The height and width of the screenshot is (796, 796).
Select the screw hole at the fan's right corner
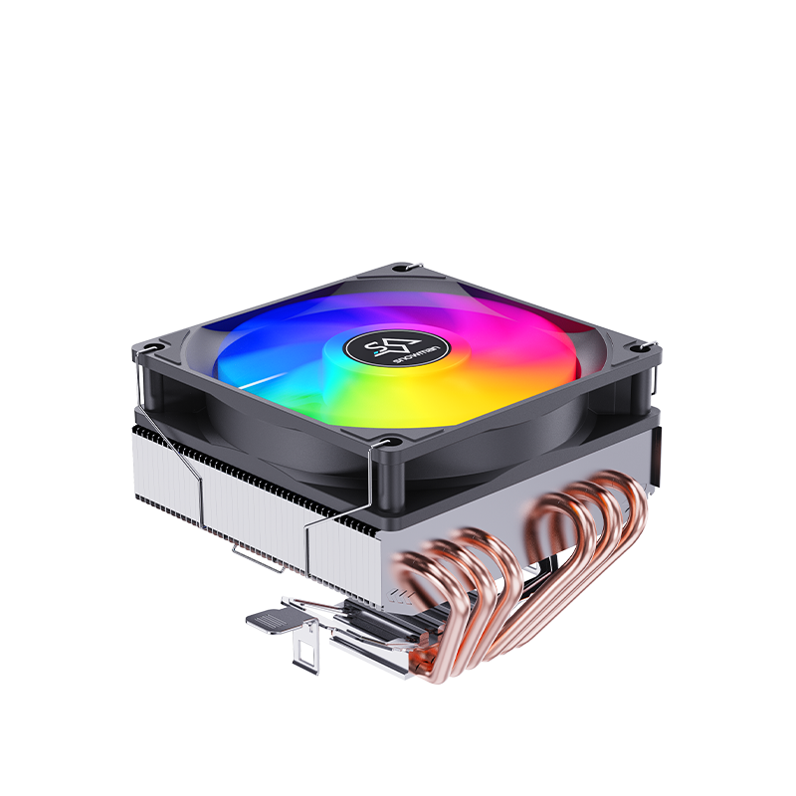[639, 347]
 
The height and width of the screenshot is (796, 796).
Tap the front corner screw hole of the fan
[388, 442]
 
